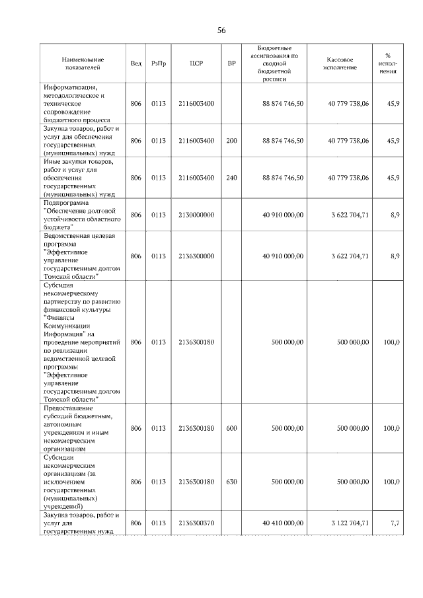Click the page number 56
[221, 30]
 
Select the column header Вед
[136, 63]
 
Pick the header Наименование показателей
[81, 63]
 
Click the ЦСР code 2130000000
[196, 215]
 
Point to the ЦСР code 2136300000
[196, 256]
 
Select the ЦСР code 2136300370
[196, 523]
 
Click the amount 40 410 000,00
[283, 523]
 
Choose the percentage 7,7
[395, 523]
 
